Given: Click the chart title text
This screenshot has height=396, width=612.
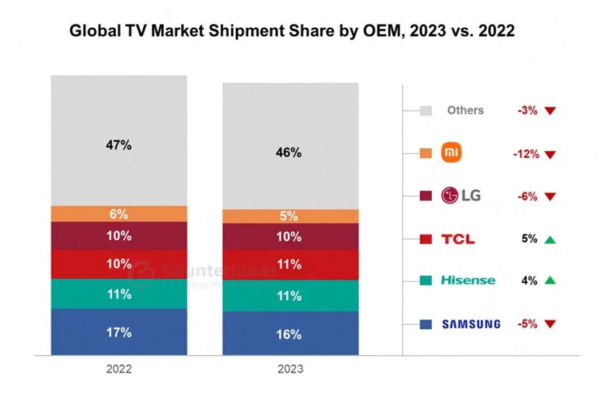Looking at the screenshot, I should [x=292, y=31].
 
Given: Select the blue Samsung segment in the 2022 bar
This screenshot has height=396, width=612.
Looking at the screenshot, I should [x=118, y=332].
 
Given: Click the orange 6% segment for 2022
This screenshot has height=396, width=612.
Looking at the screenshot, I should [x=118, y=214].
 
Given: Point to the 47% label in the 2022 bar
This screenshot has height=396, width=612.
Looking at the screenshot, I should [x=118, y=145].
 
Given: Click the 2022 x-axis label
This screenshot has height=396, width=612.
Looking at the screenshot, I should [x=118, y=369].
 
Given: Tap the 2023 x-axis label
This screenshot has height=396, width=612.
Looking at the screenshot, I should [x=290, y=369].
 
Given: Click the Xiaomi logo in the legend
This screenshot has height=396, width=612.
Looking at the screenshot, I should [x=452, y=153].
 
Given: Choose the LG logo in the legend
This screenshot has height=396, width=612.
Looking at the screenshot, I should [x=461, y=196].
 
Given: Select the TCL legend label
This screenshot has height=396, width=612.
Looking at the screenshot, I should [x=458, y=239].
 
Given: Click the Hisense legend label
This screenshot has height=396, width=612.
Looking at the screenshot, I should [x=468, y=280].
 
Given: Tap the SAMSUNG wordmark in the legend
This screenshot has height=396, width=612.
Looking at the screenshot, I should [x=471, y=324].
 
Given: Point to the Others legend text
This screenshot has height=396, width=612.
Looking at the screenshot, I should [x=465, y=110].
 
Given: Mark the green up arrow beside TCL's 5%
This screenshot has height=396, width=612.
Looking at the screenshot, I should [x=550, y=240].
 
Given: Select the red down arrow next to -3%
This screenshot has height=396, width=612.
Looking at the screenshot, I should [x=550, y=111].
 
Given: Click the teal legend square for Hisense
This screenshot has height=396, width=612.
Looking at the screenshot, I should [x=426, y=280].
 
